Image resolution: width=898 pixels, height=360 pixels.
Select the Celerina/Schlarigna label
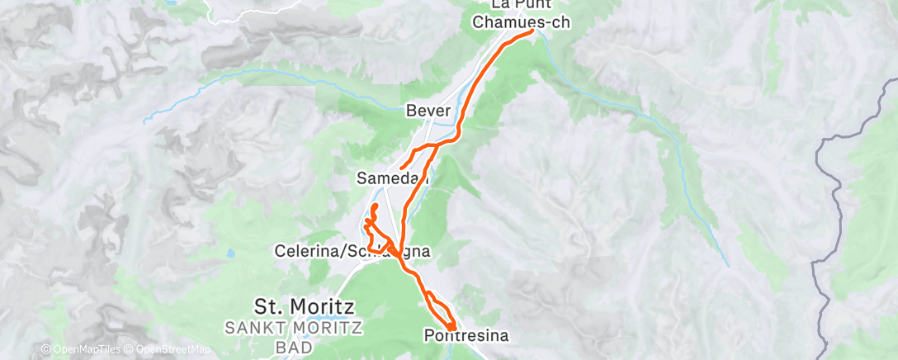coord(353,250)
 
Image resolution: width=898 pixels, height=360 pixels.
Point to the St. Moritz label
coord(305,307)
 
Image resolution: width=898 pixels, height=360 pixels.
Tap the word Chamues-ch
coord(522,22)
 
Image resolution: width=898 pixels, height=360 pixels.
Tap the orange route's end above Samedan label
coord(401,168)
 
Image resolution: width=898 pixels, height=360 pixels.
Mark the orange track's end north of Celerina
coord(376,205)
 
